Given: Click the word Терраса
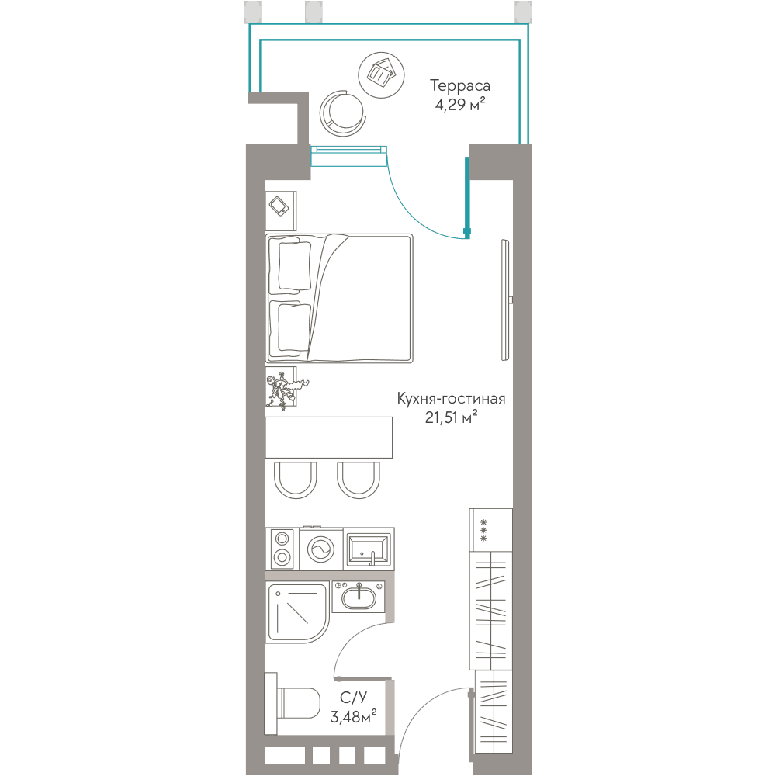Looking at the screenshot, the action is (x=460, y=86).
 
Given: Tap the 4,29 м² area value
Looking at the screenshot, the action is (x=460, y=105).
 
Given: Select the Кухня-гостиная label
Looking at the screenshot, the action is (x=451, y=399).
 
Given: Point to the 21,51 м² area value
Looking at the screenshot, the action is (x=451, y=417).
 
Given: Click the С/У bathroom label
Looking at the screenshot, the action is (x=353, y=698).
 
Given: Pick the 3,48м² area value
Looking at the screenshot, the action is (x=353, y=716).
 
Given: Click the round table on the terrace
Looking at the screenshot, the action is (x=381, y=74).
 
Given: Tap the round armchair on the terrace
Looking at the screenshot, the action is (x=343, y=113).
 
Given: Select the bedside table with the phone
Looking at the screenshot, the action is (x=281, y=211).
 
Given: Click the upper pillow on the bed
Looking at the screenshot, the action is (x=295, y=265).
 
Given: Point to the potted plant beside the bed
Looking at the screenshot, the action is (x=284, y=390).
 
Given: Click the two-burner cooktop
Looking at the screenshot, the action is (x=282, y=549).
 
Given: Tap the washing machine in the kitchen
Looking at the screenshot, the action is (x=320, y=549).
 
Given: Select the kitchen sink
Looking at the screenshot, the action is (x=369, y=549).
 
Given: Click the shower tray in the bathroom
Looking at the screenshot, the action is (x=297, y=613).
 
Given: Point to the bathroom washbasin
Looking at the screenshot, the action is (x=359, y=597).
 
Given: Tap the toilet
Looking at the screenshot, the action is (x=293, y=703).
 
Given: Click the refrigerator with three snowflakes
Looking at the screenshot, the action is (x=491, y=530).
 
